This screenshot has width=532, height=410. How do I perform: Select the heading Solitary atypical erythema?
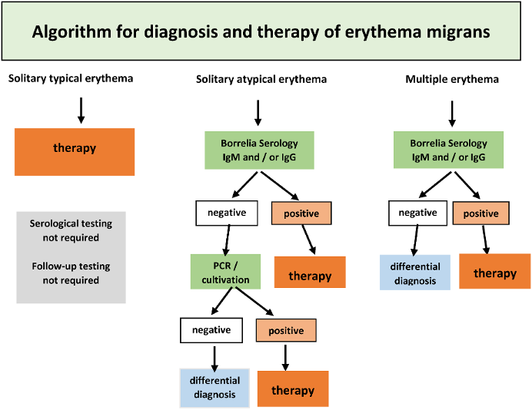[x=261, y=79]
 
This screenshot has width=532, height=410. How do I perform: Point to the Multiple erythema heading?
[x=452, y=79]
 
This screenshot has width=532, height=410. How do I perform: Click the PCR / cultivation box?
[x=226, y=272]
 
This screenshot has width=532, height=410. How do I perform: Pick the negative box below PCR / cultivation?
[x=211, y=330]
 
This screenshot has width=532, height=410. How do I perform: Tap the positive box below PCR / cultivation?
[x=286, y=330]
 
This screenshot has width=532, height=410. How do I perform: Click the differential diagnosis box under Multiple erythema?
[x=415, y=273]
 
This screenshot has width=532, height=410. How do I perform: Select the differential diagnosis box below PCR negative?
[x=214, y=387]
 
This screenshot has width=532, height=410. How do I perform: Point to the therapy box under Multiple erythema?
[x=494, y=271]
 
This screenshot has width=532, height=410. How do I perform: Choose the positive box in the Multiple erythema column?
[x=480, y=213]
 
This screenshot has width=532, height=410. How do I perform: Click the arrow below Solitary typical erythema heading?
[x=81, y=109]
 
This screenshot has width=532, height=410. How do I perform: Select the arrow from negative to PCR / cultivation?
[x=226, y=240]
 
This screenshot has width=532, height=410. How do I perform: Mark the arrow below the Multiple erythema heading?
[x=451, y=112]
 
